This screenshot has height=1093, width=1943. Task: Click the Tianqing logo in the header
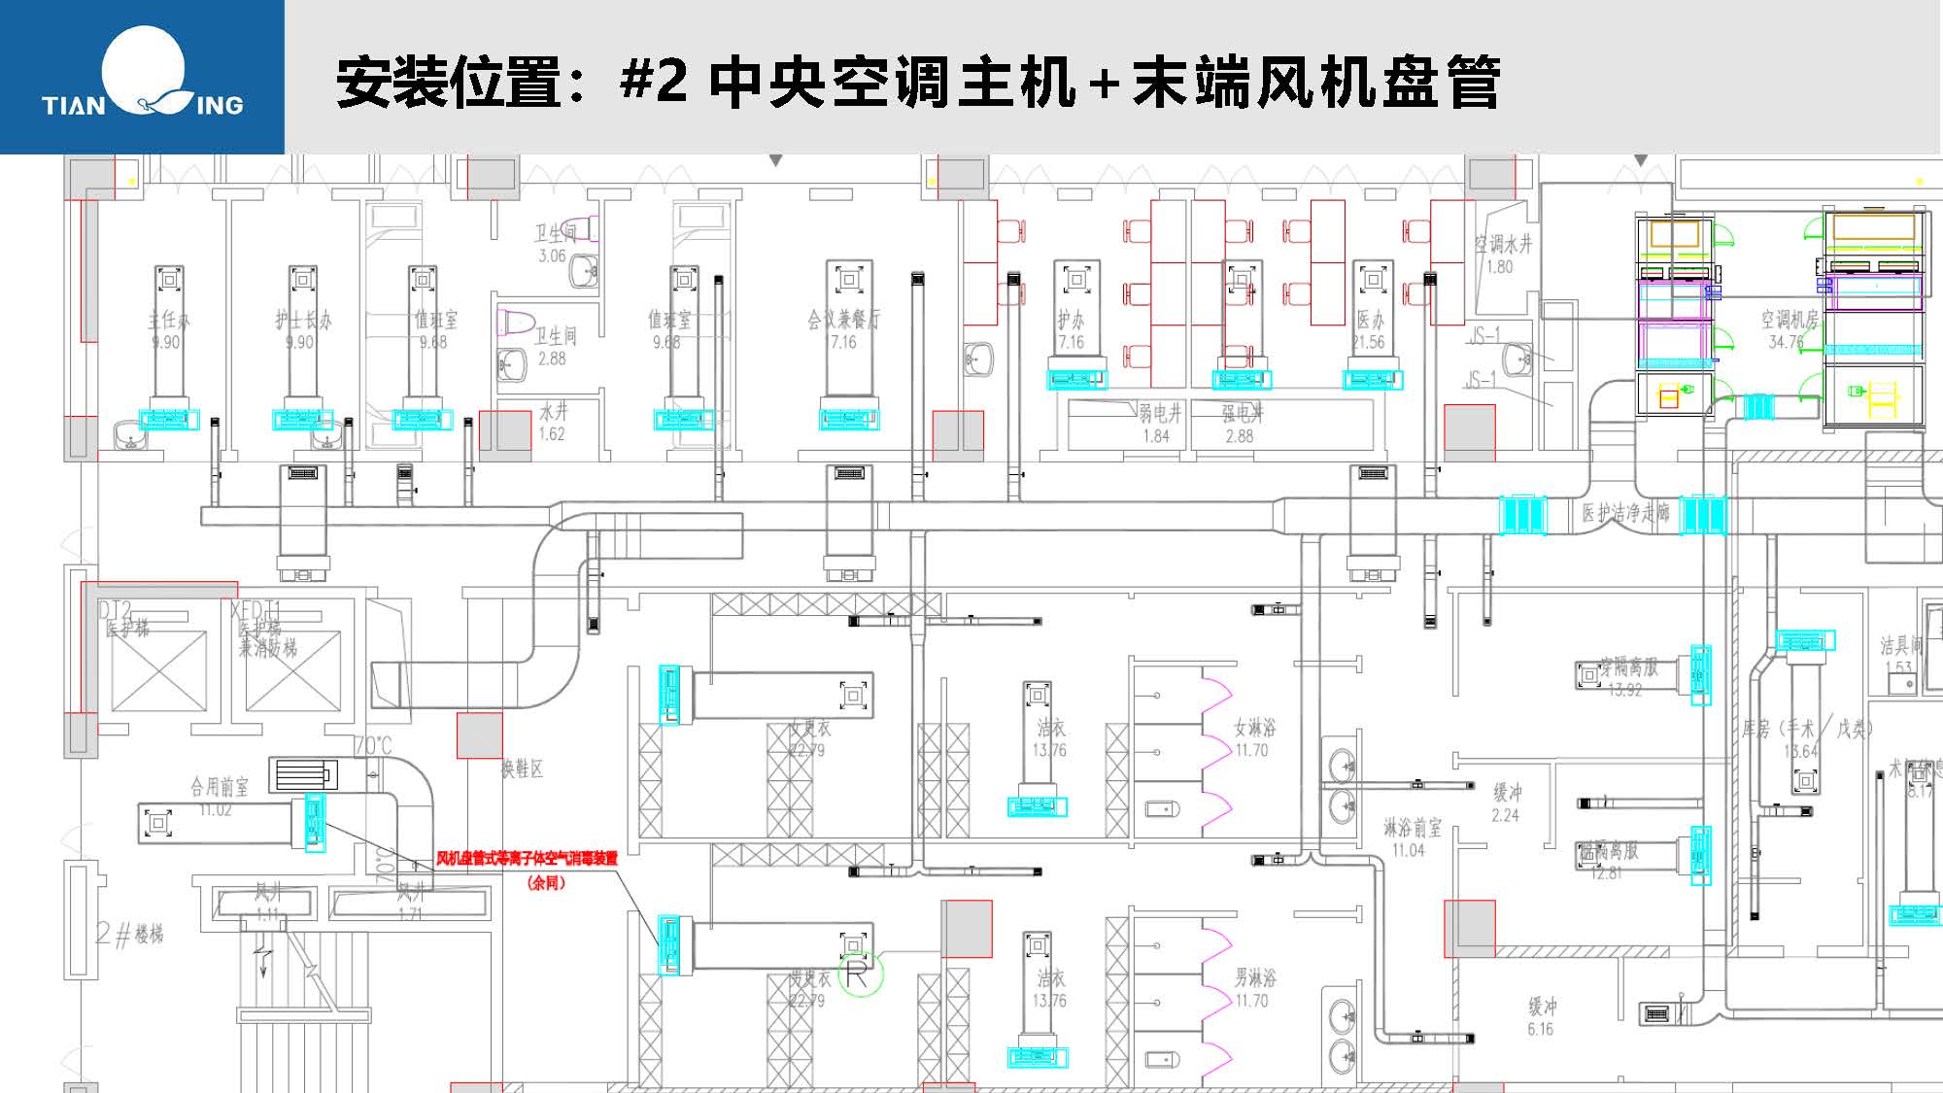(x=143, y=77)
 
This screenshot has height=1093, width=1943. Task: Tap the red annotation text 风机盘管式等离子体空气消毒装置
(x=527, y=859)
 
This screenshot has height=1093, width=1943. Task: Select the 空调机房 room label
(x=1790, y=320)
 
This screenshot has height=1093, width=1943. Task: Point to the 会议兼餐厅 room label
(x=843, y=320)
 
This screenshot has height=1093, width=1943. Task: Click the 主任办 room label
(x=168, y=320)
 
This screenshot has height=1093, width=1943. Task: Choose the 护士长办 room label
(x=302, y=320)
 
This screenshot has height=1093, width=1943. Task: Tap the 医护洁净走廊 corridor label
(x=1625, y=513)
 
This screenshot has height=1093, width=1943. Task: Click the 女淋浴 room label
(x=1254, y=728)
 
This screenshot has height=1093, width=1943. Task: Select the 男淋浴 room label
(x=1254, y=977)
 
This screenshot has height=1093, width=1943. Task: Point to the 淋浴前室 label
(x=1413, y=828)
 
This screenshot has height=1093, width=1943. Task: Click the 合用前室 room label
(x=219, y=786)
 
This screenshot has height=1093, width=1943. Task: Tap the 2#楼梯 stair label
(x=130, y=935)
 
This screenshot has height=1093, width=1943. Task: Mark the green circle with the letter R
(x=860, y=973)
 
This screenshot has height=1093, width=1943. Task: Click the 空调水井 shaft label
(x=1503, y=245)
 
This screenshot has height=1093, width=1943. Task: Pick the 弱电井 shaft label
(x=1160, y=414)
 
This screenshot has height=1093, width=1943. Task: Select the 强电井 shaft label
(x=1243, y=414)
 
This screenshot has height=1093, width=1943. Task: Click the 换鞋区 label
(x=522, y=769)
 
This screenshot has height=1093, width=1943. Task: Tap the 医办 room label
(x=1370, y=320)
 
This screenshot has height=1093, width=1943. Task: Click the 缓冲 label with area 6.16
(x=1542, y=1008)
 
